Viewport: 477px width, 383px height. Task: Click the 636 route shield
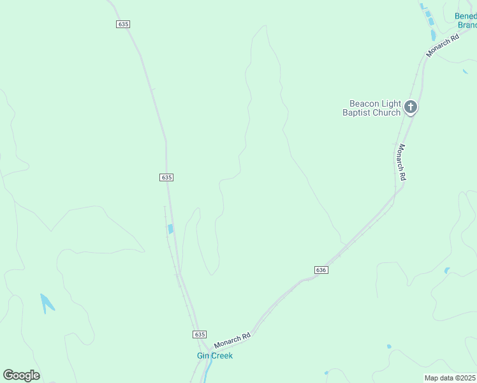click(x=321, y=270)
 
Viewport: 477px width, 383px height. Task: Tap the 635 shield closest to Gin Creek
click(x=199, y=334)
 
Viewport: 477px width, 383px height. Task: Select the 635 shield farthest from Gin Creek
click(x=123, y=24)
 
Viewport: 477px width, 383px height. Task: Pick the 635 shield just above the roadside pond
click(x=166, y=177)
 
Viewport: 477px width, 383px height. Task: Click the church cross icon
click(x=411, y=107)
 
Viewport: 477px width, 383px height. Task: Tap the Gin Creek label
click(x=214, y=356)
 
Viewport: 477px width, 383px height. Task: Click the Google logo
click(x=21, y=375)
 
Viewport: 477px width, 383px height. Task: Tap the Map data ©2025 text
click(x=450, y=378)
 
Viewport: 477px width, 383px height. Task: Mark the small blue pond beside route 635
click(x=170, y=229)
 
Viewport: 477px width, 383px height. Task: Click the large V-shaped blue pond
click(x=47, y=303)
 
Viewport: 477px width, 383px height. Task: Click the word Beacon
click(x=364, y=103)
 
